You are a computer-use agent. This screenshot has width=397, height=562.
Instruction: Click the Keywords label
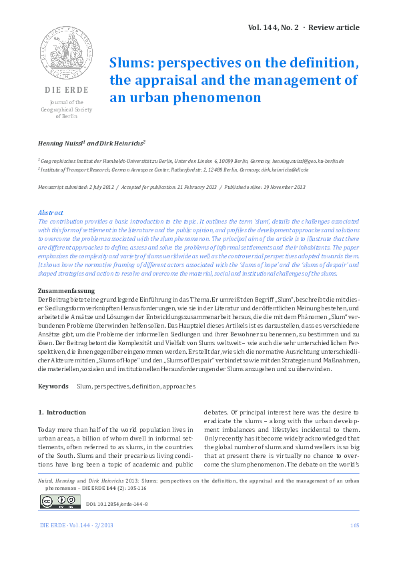click(x=53, y=386)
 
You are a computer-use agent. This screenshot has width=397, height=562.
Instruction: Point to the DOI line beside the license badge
click(x=117, y=503)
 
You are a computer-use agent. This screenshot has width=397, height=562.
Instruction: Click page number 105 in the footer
click(x=354, y=527)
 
